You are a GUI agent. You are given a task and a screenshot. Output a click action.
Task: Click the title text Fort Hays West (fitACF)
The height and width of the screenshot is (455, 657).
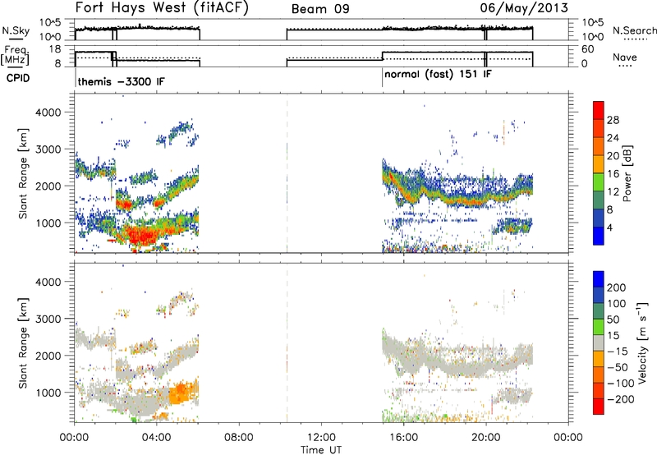[x=162, y=8]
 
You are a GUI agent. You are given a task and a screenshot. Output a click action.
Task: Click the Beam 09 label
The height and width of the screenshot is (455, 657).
[x=320, y=9]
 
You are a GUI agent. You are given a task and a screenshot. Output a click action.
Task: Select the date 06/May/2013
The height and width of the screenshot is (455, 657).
[x=524, y=8]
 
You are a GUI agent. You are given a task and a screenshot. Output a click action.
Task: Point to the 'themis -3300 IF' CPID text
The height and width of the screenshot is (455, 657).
[x=121, y=81]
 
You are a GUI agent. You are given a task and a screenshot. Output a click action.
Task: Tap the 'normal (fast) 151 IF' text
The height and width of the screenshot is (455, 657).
[x=438, y=75]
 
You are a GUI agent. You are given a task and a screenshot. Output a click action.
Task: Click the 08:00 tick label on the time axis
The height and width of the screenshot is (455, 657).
[x=239, y=438]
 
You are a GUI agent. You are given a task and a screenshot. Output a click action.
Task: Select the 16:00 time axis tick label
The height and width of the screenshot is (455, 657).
[x=403, y=438]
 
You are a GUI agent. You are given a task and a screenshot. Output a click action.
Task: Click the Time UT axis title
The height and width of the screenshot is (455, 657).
[x=321, y=450]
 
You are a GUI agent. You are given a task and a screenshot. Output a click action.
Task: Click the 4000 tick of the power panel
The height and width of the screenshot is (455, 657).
[x=49, y=113]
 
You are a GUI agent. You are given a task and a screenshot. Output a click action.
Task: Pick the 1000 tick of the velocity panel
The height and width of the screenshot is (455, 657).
[x=49, y=393]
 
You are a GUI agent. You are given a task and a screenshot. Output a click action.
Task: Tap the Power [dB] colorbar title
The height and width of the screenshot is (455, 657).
[x=627, y=173]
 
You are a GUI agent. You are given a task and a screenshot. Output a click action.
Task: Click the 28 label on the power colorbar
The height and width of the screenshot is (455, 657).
[x=613, y=121]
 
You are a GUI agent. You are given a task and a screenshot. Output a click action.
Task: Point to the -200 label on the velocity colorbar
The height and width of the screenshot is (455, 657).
[x=621, y=399]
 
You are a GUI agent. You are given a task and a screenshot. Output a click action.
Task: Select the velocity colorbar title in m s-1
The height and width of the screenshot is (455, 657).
[x=642, y=342]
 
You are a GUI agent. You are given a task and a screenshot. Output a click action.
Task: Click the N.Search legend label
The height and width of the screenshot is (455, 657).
[x=635, y=30]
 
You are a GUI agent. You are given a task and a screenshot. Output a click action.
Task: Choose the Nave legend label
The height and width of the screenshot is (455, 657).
[x=625, y=57]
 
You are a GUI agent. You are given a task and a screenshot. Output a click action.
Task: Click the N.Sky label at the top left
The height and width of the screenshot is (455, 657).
[x=16, y=30]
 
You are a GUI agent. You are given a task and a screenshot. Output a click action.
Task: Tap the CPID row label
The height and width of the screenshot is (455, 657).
[x=18, y=78]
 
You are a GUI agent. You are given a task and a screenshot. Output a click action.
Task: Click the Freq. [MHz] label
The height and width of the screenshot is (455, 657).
[x=15, y=56]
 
